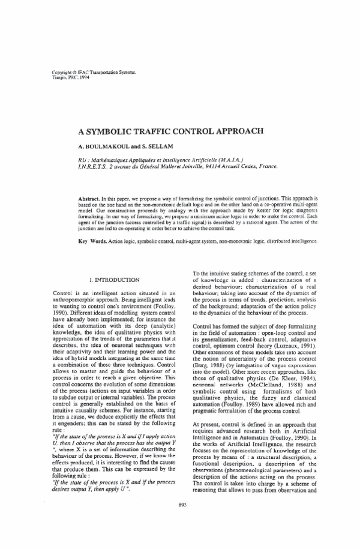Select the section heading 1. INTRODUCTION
(x=115, y=280)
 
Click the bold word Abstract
(x=93, y=197)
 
